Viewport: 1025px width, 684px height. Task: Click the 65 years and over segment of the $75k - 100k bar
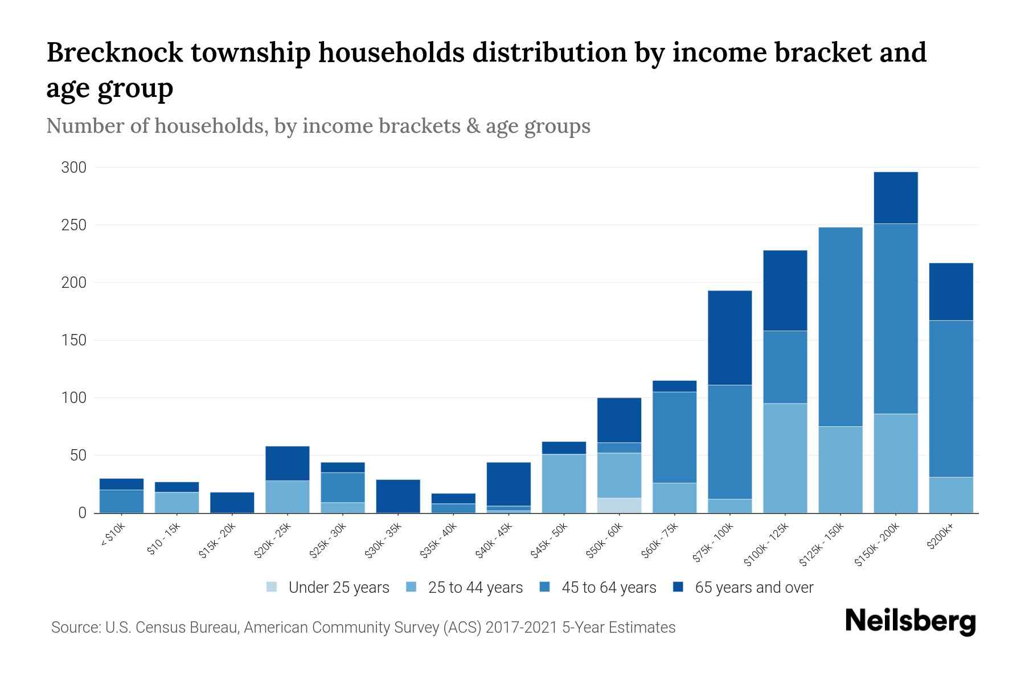click(729, 337)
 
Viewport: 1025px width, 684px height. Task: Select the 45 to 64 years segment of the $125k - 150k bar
click(840, 327)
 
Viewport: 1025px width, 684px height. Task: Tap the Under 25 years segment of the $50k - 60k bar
click(619, 506)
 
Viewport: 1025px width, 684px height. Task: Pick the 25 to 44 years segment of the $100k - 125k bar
click(785, 458)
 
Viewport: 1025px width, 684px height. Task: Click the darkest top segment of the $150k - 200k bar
click(895, 198)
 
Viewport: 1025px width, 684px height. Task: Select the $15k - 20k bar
click(232, 502)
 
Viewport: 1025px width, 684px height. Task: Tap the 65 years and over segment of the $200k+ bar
click(950, 292)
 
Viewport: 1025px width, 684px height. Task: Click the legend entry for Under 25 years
click(338, 588)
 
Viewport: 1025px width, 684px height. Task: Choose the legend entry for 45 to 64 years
click(608, 588)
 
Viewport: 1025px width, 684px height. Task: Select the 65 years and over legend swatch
click(678, 587)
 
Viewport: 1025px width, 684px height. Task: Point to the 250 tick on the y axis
click(74, 225)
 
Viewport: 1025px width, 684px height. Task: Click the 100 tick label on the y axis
click(74, 398)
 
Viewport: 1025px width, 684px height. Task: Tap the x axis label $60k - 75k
click(661, 540)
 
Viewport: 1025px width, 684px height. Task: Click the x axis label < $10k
click(113, 535)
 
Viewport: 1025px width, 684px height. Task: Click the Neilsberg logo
click(910, 621)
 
